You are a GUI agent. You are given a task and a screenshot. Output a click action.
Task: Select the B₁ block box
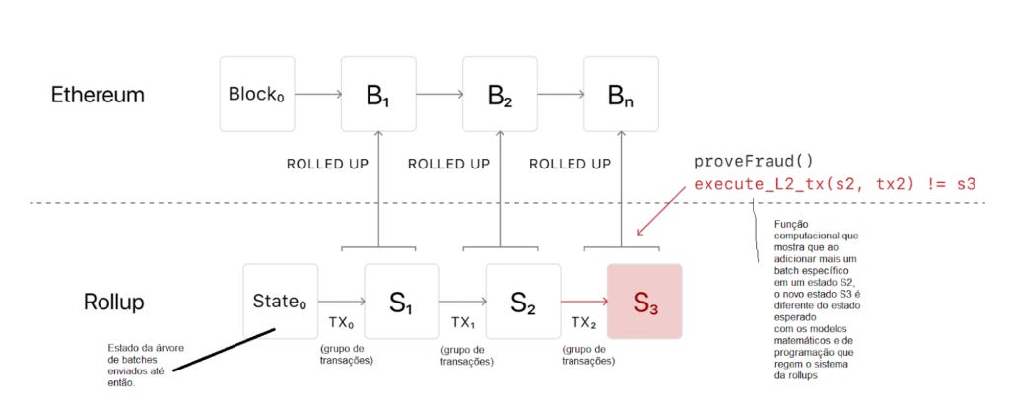377,95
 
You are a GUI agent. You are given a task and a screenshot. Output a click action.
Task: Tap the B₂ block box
500,95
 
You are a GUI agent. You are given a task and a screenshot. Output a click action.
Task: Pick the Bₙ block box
621,95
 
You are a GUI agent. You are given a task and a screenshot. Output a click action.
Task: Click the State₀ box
281,301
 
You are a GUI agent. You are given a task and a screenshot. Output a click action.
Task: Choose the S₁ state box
401,302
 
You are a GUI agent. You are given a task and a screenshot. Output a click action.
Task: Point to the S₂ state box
523,302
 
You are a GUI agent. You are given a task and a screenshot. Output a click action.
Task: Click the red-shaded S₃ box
644,302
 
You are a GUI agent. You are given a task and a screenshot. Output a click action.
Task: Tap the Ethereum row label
99,96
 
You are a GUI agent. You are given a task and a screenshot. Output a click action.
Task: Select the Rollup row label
113,302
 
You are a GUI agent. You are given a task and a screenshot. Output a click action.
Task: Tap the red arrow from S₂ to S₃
582,302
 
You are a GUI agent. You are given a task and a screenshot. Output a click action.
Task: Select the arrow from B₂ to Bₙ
560,95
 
